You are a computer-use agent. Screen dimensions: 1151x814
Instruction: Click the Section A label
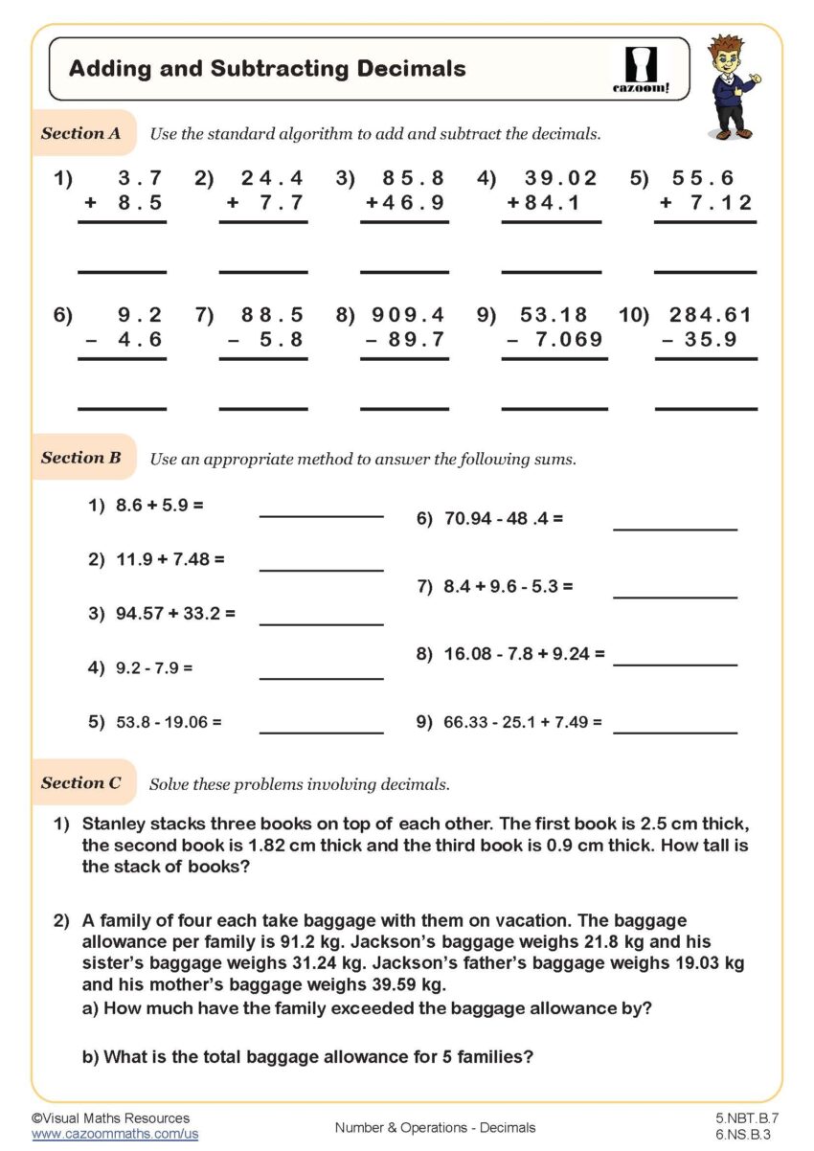[81, 134]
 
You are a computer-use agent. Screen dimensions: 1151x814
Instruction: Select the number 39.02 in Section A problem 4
[560, 178]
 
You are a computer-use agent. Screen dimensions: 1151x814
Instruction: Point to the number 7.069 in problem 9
[569, 339]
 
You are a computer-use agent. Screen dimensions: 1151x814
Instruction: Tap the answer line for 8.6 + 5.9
[321, 515]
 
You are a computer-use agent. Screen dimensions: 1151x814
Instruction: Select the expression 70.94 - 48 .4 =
[504, 519]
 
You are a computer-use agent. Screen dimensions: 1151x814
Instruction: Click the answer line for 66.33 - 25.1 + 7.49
[675, 733]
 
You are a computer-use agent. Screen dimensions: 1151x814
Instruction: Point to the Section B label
[81, 458]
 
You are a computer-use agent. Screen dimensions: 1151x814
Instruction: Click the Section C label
[81, 783]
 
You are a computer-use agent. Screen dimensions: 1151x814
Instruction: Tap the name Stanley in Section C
[114, 824]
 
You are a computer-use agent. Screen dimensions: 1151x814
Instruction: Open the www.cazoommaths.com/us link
[115, 1134]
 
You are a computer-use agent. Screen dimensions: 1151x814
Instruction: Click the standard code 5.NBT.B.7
[747, 1117]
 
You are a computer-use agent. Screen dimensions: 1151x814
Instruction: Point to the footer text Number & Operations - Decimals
[435, 1127]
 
